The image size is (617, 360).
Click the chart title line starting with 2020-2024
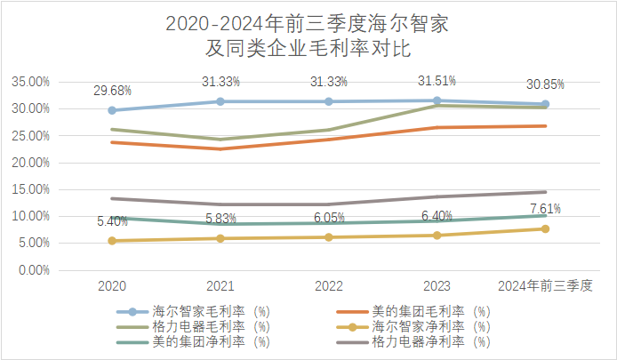[308, 24]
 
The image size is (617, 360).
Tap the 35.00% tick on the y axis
[31, 82]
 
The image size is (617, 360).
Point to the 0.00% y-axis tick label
[34, 270]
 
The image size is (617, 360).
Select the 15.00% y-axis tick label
[31, 189]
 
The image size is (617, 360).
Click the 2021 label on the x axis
[220, 286]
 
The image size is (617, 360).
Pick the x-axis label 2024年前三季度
[545, 286]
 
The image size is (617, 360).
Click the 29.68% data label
[112, 91]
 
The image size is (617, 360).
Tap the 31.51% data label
[437, 81]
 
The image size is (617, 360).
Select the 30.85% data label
[544, 84]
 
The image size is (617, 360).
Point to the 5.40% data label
[110, 221]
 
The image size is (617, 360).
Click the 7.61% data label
[544, 210]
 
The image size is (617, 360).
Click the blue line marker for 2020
[112, 110]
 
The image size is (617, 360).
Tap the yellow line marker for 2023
[437, 235]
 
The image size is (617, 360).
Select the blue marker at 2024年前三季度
[545, 104]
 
